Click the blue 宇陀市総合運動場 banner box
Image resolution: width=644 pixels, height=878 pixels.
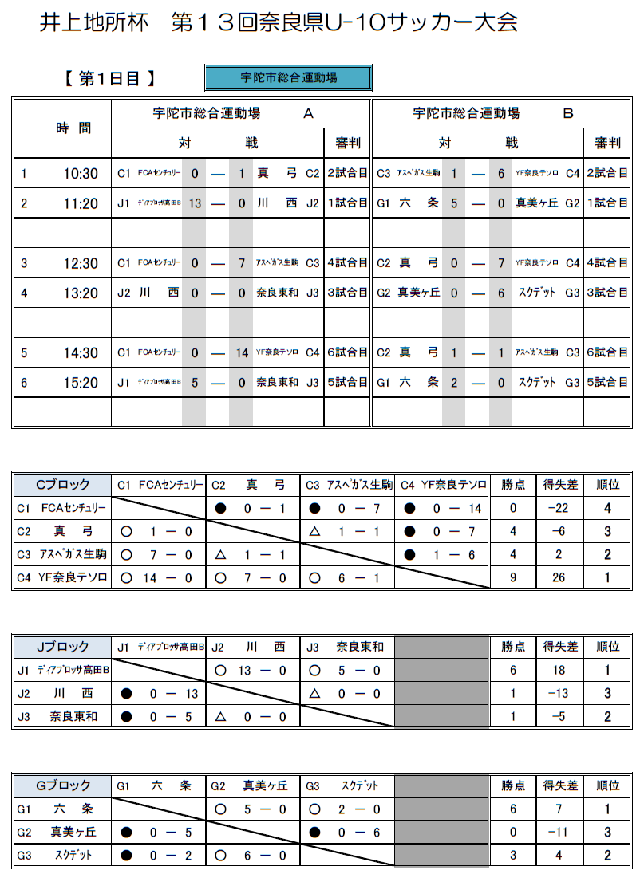click(x=288, y=77)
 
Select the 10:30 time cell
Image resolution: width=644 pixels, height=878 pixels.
click(x=81, y=174)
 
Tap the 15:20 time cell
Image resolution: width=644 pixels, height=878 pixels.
click(x=81, y=383)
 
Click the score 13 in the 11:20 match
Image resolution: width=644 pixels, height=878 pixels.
click(x=194, y=203)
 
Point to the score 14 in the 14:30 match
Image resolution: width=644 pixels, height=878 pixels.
click(x=240, y=352)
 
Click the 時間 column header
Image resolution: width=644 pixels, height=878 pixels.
click(x=73, y=128)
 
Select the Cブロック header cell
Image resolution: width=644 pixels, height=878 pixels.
click(x=62, y=484)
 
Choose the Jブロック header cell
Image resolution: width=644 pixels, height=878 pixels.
click(x=62, y=647)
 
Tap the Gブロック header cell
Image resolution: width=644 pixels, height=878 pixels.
click(x=62, y=785)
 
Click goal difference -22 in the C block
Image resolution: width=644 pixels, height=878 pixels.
click(x=559, y=508)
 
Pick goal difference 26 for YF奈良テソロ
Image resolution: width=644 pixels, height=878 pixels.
click(x=559, y=577)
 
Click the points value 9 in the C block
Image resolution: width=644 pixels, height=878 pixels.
click(x=513, y=577)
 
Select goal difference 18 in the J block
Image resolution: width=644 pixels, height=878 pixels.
click(x=559, y=671)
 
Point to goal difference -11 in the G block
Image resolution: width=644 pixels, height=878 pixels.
click(x=559, y=832)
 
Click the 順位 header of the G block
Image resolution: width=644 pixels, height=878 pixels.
click(x=607, y=785)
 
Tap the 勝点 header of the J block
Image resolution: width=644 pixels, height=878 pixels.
click(x=513, y=647)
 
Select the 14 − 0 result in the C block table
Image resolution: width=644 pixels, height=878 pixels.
click(x=162, y=577)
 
